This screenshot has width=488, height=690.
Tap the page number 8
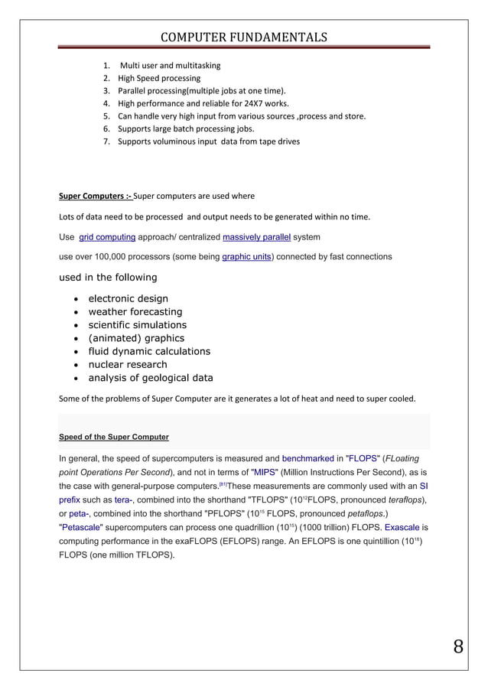coord(457,646)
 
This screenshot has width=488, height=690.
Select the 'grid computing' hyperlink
coord(108,237)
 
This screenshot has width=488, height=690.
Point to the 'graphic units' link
coord(246,257)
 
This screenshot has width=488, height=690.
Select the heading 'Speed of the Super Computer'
coord(114,437)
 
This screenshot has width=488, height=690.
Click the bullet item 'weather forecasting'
coord(135,312)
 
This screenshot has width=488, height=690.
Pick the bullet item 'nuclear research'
coord(128,364)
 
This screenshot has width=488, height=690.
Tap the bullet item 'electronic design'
coord(129,299)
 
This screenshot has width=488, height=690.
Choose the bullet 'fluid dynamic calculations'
coord(149,351)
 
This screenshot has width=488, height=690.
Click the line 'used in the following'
coord(108,277)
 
